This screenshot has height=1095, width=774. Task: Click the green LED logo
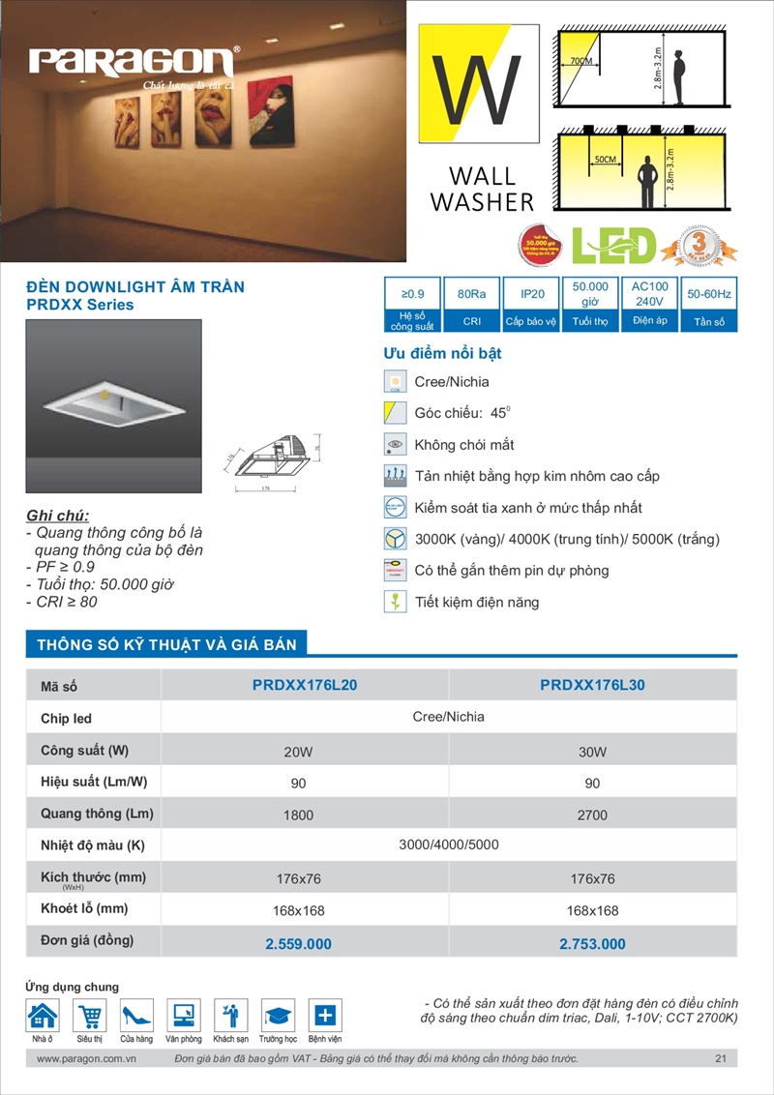coord(613,246)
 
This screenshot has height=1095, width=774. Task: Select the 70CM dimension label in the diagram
coord(580,61)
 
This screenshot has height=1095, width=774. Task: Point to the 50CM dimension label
coord(606,158)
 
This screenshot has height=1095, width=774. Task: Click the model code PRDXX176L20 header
coord(305,685)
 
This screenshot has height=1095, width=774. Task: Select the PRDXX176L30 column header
coord(592,685)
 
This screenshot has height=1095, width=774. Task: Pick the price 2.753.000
coord(592,943)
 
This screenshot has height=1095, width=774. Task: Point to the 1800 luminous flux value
coord(299,815)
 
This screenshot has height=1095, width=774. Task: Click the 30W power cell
coord(592,752)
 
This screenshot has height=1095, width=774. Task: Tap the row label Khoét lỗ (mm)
coord(84,909)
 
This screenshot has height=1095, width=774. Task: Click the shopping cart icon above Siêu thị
coord(89,1016)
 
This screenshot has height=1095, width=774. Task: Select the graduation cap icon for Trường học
coord(278,1016)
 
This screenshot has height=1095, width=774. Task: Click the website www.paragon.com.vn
coord(85,1059)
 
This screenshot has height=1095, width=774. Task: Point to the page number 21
coord(721,1059)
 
